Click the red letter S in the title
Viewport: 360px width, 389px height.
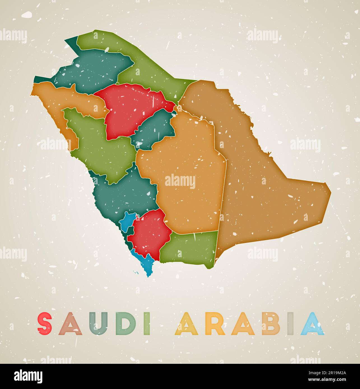45,324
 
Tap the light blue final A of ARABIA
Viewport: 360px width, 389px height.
312,324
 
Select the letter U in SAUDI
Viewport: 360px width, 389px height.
98,324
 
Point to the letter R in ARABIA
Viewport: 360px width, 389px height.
216,324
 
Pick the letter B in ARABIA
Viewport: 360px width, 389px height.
268,324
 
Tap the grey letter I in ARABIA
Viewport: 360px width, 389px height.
290,324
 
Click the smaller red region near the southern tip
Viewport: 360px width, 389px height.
150,232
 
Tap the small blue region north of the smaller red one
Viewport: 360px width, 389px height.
127,220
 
